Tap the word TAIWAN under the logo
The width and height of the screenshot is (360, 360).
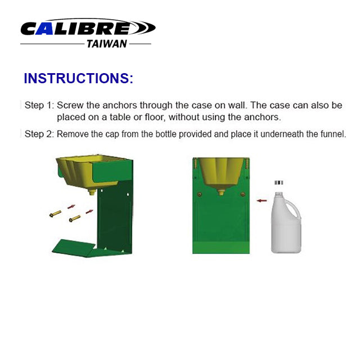click(x=107, y=44)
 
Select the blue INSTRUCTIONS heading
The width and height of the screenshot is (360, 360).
click(x=78, y=78)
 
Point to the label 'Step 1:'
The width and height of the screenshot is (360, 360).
click(x=39, y=105)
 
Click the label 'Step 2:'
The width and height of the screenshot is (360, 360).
click(x=39, y=134)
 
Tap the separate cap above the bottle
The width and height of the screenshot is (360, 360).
click(x=278, y=182)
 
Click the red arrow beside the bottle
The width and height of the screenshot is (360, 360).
click(x=261, y=199)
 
